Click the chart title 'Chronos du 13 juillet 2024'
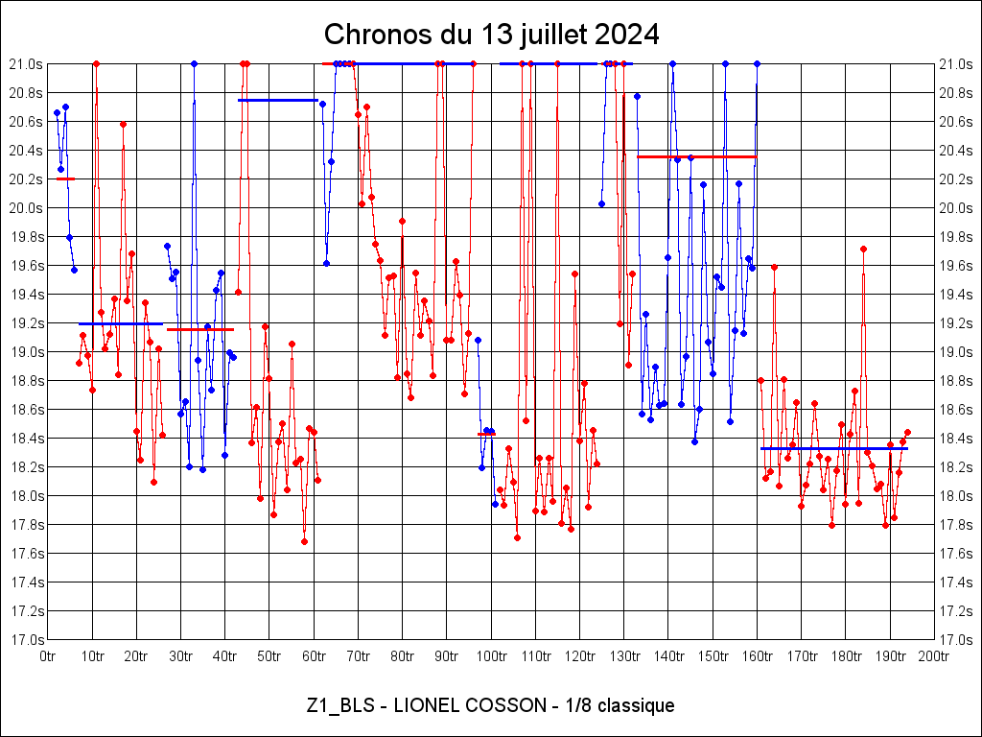click(x=491, y=35)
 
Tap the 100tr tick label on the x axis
click(x=491, y=656)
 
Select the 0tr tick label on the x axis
click(x=49, y=656)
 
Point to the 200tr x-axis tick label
click(x=934, y=656)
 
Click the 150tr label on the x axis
click(x=713, y=656)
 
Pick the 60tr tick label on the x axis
click(x=315, y=656)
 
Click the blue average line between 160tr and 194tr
click(x=834, y=448)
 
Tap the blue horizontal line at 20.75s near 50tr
click(x=278, y=100)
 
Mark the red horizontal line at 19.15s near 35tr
click(x=200, y=329)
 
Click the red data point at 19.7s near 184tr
click(x=863, y=249)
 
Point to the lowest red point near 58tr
click(x=304, y=541)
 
